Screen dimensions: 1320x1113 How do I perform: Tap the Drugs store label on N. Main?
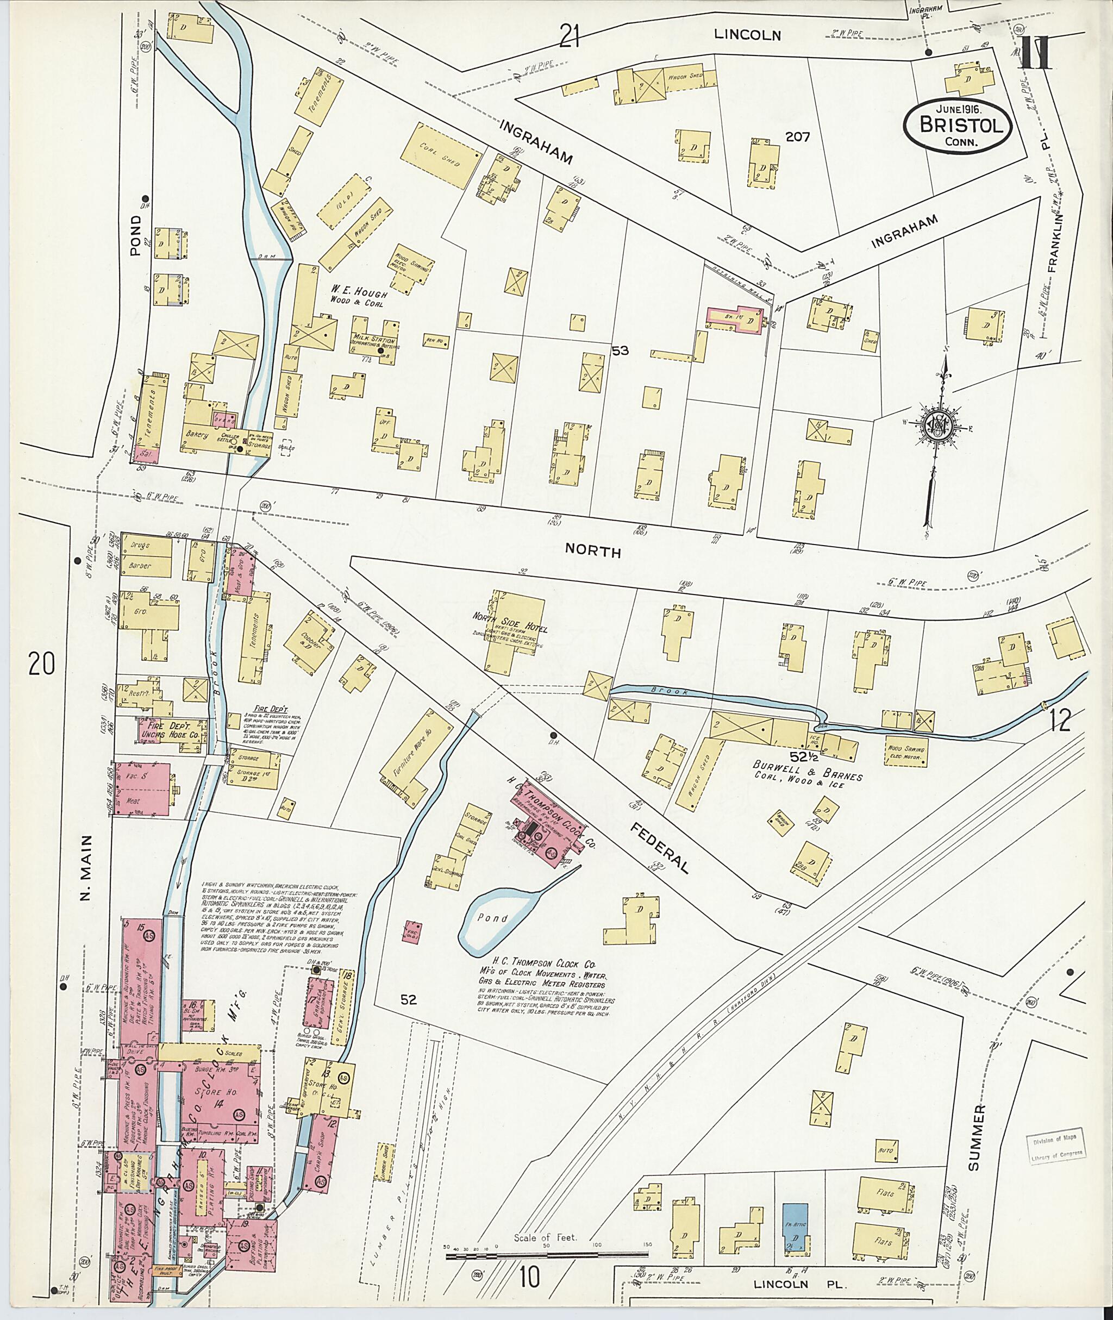pyautogui.click(x=140, y=544)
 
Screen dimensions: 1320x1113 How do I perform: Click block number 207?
pyautogui.click(x=798, y=136)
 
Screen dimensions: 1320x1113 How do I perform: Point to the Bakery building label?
pyautogui.click(x=197, y=435)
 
